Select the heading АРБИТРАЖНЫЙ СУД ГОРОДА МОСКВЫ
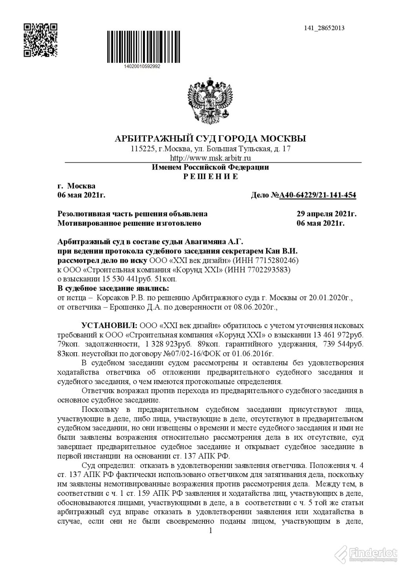[x=210, y=139]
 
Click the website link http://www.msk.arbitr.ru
[x=210, y=158]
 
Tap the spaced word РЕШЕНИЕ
[x=210, y=177]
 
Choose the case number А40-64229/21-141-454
[x=318, y=195]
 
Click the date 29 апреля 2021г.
[x=326, y=214]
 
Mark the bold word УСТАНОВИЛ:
[x=108, y=326]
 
